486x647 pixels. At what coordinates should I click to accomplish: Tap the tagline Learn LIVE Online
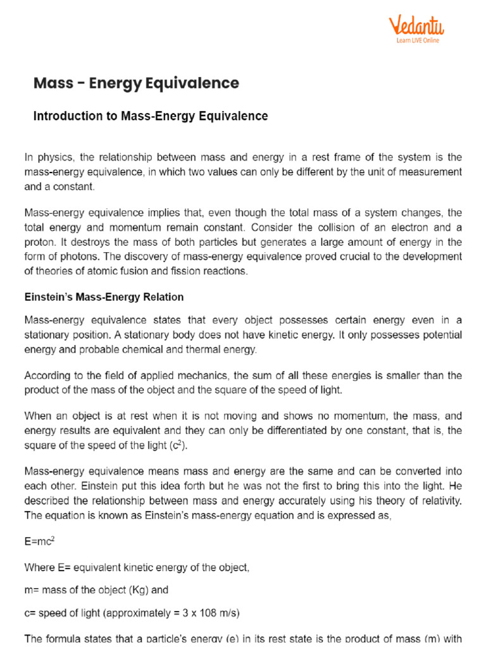click(418, 40)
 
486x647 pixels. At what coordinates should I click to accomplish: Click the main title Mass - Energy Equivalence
click(136, 83)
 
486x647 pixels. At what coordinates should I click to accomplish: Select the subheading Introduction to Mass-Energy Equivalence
click(151, 116)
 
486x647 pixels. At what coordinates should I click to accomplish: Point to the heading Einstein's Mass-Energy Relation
click(104, 297)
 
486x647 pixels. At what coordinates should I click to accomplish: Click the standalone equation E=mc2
click(39, 541)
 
